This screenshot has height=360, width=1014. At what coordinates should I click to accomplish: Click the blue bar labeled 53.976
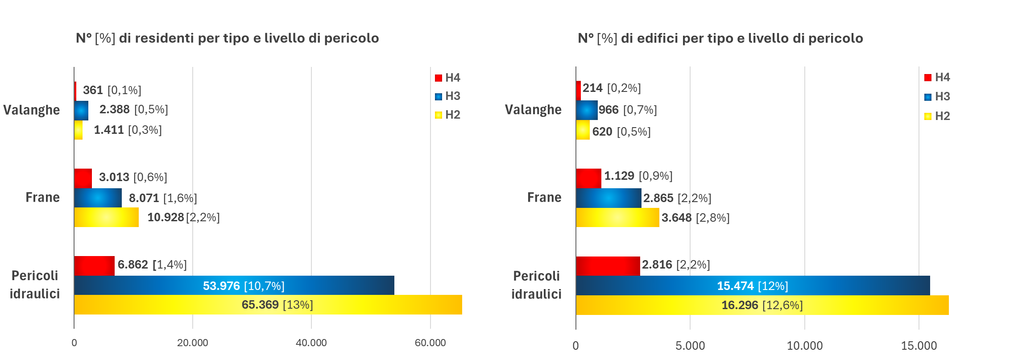(234, 286)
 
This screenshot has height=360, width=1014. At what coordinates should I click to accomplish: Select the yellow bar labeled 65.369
(268, 305)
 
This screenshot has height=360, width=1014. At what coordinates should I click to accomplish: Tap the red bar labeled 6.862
(94, 266)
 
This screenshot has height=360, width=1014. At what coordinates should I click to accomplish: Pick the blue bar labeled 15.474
(753, 286)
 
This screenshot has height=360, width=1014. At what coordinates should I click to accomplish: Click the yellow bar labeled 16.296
(762, 305)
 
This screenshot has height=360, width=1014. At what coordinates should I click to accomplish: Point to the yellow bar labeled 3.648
(617, 218)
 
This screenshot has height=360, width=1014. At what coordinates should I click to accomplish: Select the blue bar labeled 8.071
(98, 198)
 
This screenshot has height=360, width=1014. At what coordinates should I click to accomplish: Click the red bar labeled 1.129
(588, 178)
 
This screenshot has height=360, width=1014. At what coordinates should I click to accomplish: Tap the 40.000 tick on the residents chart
(311, 343)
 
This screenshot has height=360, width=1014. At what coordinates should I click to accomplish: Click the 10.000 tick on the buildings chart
(804, 346)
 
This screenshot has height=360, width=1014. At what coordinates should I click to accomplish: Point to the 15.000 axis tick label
(919, 346)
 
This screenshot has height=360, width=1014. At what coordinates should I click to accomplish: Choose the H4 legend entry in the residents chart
(448, 78)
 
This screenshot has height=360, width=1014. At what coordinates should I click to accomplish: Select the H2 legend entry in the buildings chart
(937, 116)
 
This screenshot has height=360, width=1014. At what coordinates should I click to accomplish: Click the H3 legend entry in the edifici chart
(937, 96)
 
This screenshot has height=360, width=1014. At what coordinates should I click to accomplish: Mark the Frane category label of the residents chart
(42, 197)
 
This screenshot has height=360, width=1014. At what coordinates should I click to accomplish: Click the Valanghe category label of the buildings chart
(533, 110)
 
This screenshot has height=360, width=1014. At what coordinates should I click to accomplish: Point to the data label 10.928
(166, 217)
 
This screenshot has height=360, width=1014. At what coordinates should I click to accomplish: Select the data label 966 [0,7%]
(628, 110)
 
